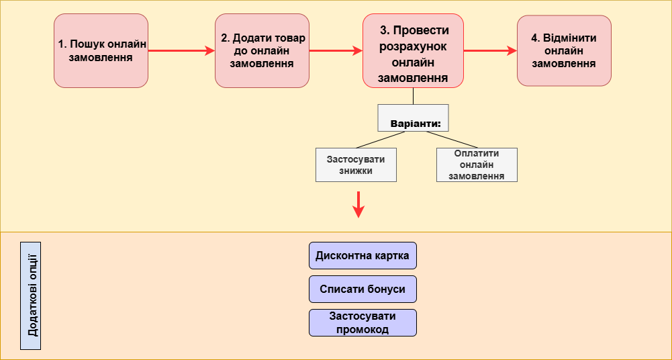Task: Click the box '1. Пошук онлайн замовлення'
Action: (x=101, y=51)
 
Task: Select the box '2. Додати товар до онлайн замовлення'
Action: (x=262, y=51)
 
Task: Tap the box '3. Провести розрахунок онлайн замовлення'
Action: (x=413, y=51)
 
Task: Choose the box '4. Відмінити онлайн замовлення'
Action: (x=564, y=51)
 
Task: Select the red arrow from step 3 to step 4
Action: (x=490, y=50)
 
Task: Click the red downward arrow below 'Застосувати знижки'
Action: (x=358, y=204)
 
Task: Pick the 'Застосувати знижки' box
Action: (x=356, y=165)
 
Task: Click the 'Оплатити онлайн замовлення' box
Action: (x=477, y=165)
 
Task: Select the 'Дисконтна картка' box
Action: (x=363, y=255)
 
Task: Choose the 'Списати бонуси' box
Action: (x=363, y=289)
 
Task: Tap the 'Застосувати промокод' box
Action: (x=363, y=322)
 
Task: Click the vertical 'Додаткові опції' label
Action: (x=31, y=296)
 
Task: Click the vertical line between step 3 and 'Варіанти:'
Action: (x=413, y=95)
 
